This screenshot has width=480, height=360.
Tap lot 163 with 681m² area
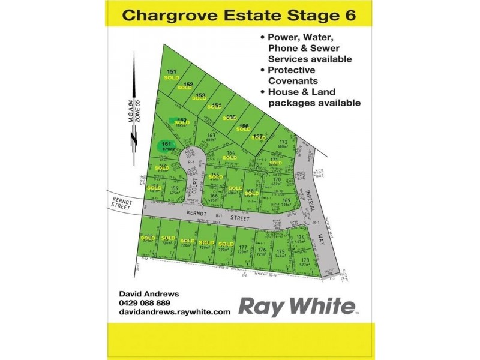click(x=211, y=137)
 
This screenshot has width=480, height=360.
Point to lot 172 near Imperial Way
click(x=284, y=143)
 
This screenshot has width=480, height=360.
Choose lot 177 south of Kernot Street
click(x=242, y=249)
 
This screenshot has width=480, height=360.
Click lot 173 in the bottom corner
click(x=305, y=261)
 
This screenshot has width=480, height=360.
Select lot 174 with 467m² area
click(x=301, y=239)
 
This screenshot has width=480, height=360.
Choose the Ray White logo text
click(x=296, y=306)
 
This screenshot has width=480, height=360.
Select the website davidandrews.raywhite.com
click(x=175, y=312)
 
